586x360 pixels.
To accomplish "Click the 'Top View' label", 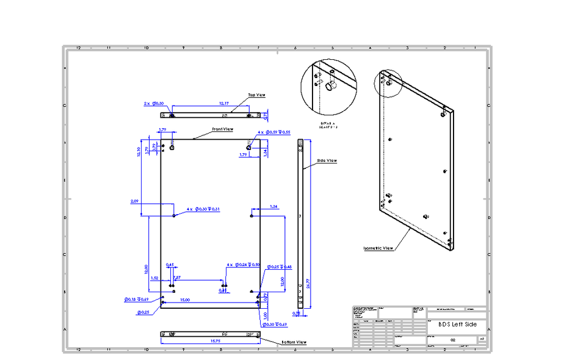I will (256, 95).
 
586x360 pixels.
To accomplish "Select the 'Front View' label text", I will (223, 129).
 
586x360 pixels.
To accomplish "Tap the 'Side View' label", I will (327, 161).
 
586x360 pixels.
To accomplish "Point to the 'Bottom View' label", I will (294, 342).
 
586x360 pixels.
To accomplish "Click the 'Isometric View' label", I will (377, 248).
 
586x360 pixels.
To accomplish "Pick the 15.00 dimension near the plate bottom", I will (184, 300).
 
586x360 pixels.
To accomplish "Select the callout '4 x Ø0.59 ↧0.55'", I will (273, 132).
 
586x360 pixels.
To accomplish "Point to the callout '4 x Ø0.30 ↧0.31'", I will (203, 209).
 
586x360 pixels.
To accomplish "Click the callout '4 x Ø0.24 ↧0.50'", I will (243, 265).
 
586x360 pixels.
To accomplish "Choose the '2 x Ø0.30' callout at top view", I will (154, 104).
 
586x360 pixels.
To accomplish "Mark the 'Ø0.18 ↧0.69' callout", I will (137, 300).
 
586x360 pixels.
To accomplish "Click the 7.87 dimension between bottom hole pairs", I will (177, 278).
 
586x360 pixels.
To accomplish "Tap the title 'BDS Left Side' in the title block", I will (457, 325).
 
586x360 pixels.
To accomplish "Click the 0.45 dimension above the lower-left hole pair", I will (170, 265).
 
